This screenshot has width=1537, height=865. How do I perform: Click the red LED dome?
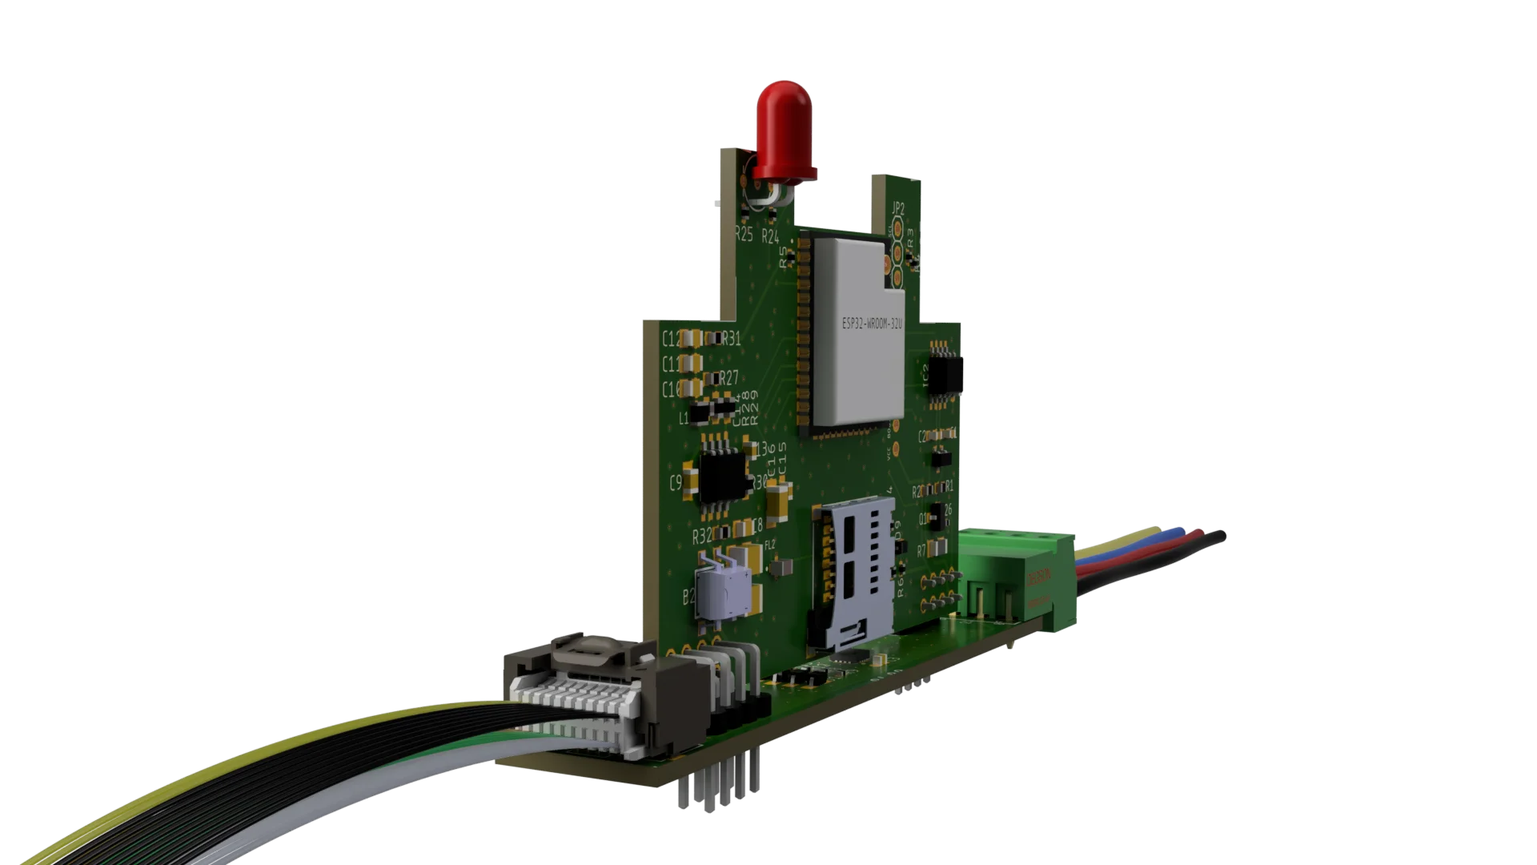784,132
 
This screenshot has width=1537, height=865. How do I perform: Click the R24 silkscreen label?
770,236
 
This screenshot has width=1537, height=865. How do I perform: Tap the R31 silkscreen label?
731,340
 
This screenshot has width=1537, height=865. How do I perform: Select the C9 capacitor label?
675,483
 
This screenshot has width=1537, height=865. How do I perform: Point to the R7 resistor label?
921,551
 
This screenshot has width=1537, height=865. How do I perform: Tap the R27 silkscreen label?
728,378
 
